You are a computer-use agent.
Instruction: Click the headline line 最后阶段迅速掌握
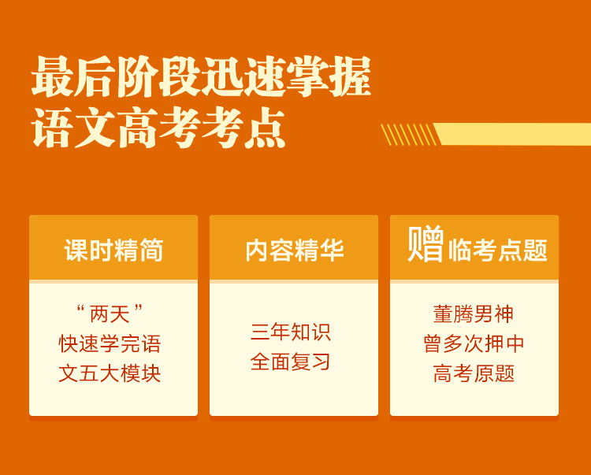pos(201,76)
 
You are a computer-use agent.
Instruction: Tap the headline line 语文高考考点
pos(158,128)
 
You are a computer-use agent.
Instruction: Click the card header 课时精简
pos(113,250)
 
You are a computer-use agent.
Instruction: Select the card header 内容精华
pos(295,250)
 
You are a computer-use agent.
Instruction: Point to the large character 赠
pos(426,244)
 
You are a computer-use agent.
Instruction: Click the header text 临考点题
pos(497,250)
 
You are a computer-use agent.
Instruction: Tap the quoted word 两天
pos(110,314)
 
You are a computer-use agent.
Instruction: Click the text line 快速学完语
pos(110,343)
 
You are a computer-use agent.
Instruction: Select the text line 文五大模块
pos(110,373)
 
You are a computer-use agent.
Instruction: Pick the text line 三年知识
pos(291,332)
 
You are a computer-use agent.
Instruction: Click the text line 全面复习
pos(291,362)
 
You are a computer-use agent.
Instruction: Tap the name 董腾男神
pos(474,314)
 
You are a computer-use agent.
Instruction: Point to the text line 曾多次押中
pos(474,343)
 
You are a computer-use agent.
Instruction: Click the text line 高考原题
pos(474,373)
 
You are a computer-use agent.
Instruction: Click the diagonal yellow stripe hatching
pos(409,135)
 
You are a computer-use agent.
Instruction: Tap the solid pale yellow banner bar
pos(513,134)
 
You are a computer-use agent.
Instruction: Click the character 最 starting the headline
pos(52,77)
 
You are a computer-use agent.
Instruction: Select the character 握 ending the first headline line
pos(351,76)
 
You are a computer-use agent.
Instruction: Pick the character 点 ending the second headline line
pos(265,128)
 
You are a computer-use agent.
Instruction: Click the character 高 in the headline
pos(137,128)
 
